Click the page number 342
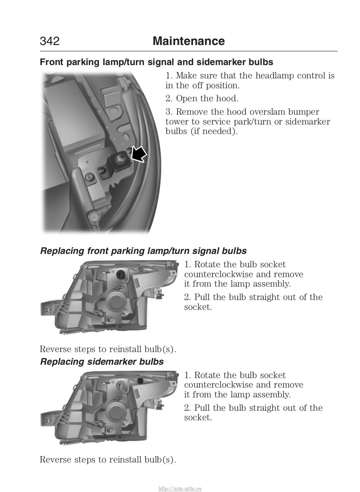click(x=50, y=41)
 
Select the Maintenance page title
click(x=188, y=41)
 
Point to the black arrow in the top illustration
click(x=139, y=154)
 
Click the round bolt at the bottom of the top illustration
click(x=94, y=218)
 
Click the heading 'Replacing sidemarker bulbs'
click(x=102, y=362)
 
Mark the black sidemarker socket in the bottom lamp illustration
click(x=140, y=381)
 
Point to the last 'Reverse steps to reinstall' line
click(x=108, y=459)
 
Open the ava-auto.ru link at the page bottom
click(x=180, y=488)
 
